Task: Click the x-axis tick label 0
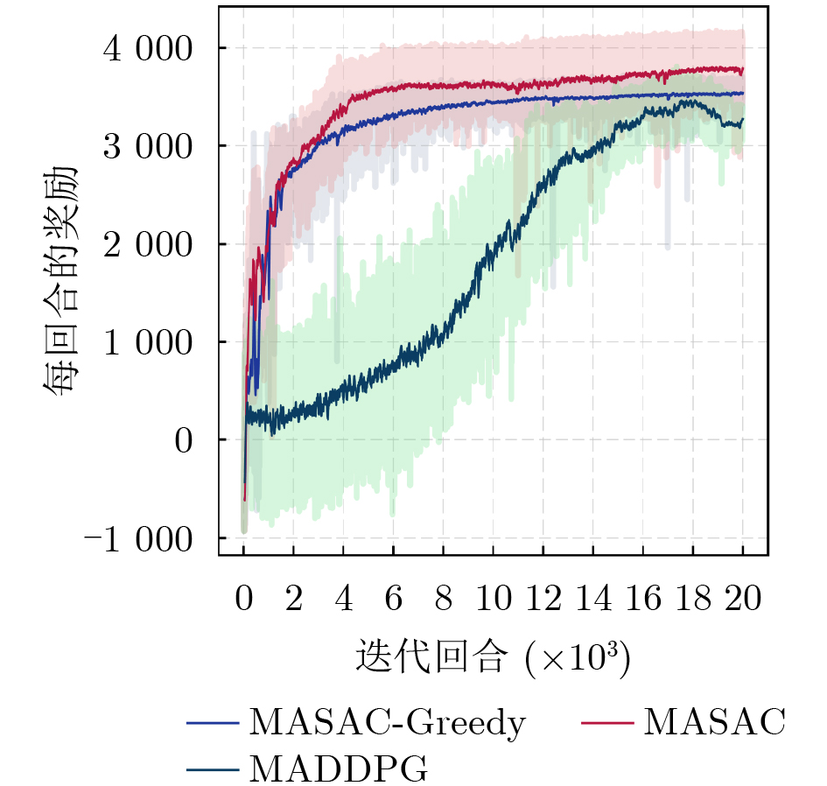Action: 243,600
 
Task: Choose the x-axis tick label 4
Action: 344,600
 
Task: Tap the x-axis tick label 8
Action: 444,600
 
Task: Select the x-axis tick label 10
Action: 494,600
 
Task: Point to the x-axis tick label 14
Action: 593,600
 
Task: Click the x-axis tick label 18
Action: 693,600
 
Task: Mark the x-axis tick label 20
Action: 743,600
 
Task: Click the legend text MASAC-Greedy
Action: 388,723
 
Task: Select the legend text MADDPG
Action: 339,769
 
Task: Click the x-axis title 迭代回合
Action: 431,656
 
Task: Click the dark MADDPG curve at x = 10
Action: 494,250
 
